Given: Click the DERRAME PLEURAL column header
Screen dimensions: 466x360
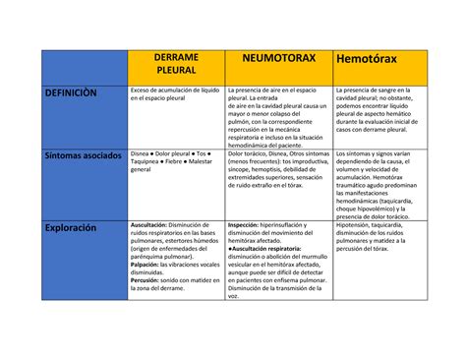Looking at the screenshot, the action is coord(177,65).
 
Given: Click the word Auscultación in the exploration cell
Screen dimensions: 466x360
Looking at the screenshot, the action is coord(152,224).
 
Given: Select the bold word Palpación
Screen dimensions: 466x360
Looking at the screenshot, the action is coord(148,265).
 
